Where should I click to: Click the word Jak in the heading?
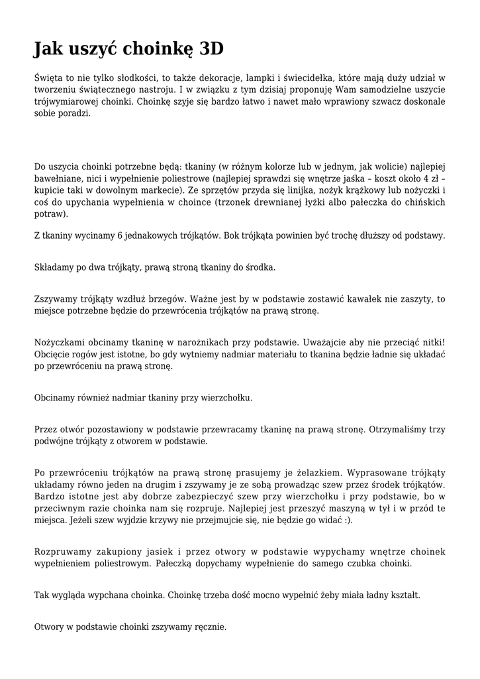[x=50, y=49]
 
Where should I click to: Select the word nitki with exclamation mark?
[x=431, y=343]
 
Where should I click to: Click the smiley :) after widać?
[x=348, y=521]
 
